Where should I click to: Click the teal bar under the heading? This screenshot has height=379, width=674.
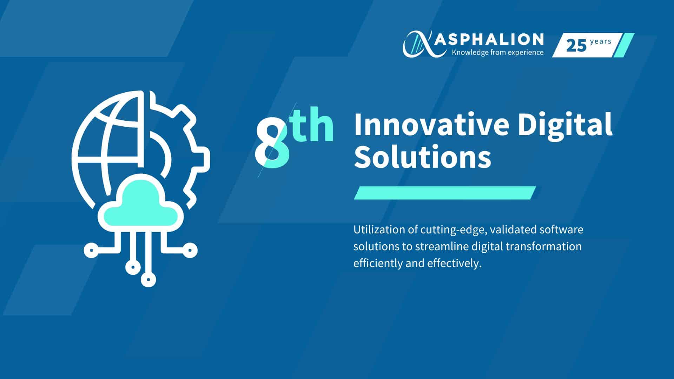[445, 193]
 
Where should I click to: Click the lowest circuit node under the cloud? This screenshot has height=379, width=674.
[148, 279]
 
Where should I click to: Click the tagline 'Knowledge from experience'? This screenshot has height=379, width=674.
[498, 53]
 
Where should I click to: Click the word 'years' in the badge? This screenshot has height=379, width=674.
[601, 42]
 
